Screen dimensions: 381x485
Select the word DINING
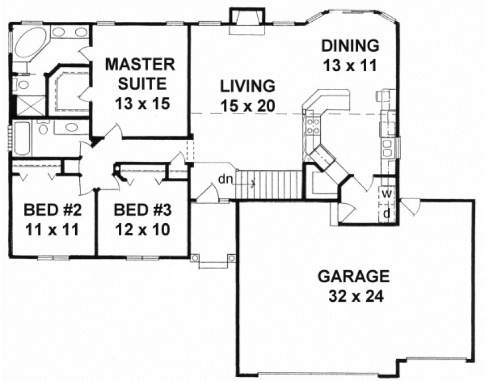[x=350, y=45]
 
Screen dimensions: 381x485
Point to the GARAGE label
[x=353, y=277]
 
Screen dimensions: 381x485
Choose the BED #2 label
[x=51, y=210]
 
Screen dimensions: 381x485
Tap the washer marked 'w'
[x=387, y=194]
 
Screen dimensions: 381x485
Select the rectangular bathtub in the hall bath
[x=21, y=138]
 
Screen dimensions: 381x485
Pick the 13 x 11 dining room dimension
[x=350, y=65]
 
